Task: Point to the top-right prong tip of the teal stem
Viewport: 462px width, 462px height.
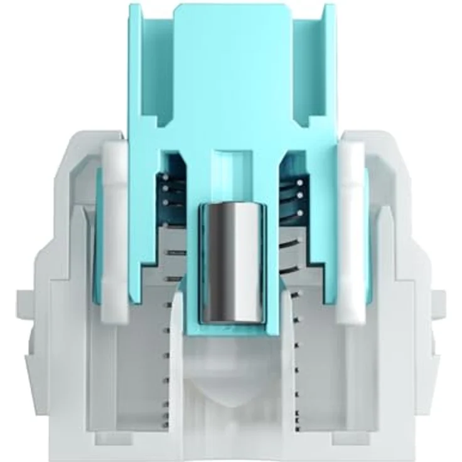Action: pyautogui.click(x=328, y=8)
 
